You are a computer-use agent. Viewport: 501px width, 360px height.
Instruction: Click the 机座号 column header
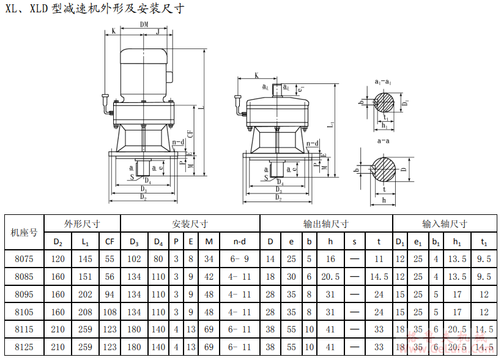point(24,232)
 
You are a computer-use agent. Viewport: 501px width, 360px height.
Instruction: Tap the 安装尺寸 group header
point(190,223)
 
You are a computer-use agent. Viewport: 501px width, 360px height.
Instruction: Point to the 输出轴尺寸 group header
point(325,223)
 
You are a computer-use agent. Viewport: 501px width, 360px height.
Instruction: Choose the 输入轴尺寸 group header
point(444,223)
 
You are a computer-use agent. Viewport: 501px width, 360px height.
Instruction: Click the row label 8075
point(24,259)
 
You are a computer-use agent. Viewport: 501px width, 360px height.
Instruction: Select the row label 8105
point(24,312)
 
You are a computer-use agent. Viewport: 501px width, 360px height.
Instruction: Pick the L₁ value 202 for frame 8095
point(85,294)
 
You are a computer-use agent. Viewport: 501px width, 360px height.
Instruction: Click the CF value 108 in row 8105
point(109,312)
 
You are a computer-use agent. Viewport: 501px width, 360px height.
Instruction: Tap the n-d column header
point(240,241)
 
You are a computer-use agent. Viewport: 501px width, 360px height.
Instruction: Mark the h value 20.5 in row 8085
point(330,276)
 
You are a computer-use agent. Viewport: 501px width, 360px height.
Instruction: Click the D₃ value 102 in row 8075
point(134,259)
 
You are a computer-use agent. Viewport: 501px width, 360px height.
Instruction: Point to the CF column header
point(109,241)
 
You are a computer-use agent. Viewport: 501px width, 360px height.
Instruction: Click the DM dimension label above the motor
point(144,24)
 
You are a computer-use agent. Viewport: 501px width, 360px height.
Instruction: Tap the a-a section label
point(384,141)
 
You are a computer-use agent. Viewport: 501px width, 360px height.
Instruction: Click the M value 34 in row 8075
point(209,259)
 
